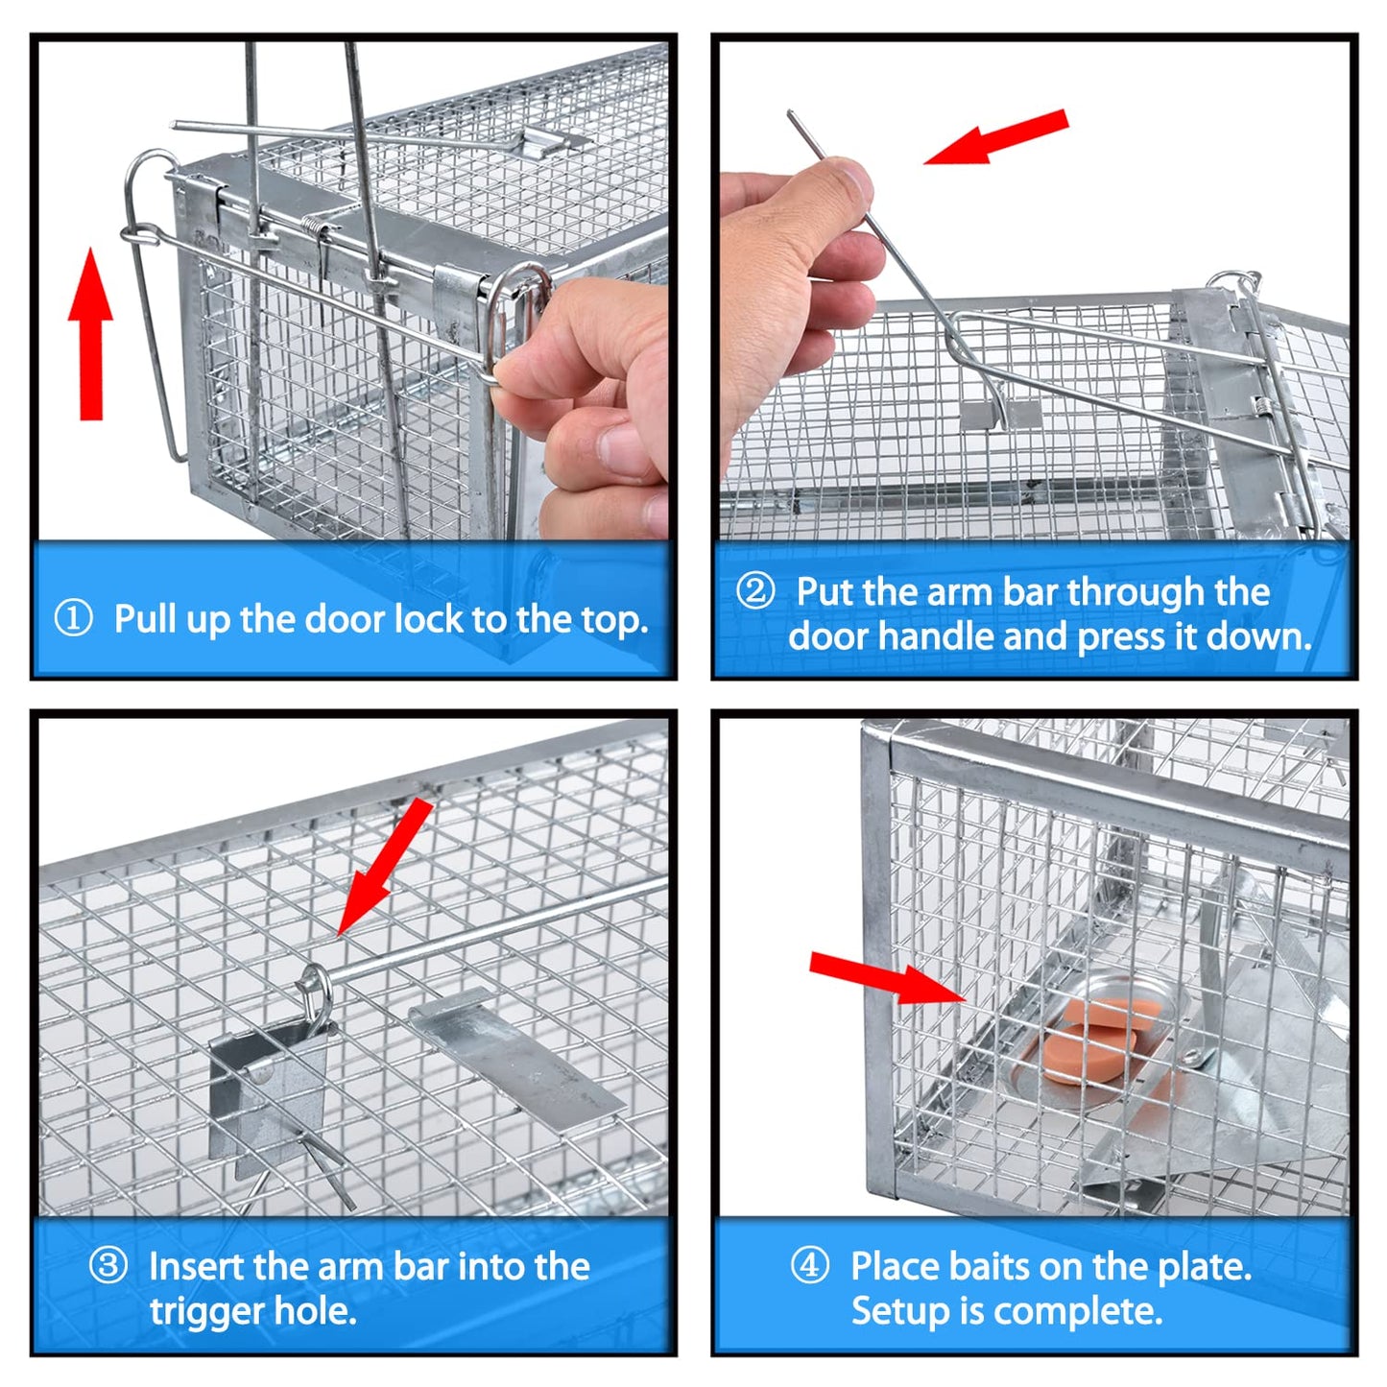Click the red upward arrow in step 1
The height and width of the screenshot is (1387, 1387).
90,333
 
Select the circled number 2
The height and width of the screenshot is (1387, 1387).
755,591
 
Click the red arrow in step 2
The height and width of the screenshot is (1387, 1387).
995,136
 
